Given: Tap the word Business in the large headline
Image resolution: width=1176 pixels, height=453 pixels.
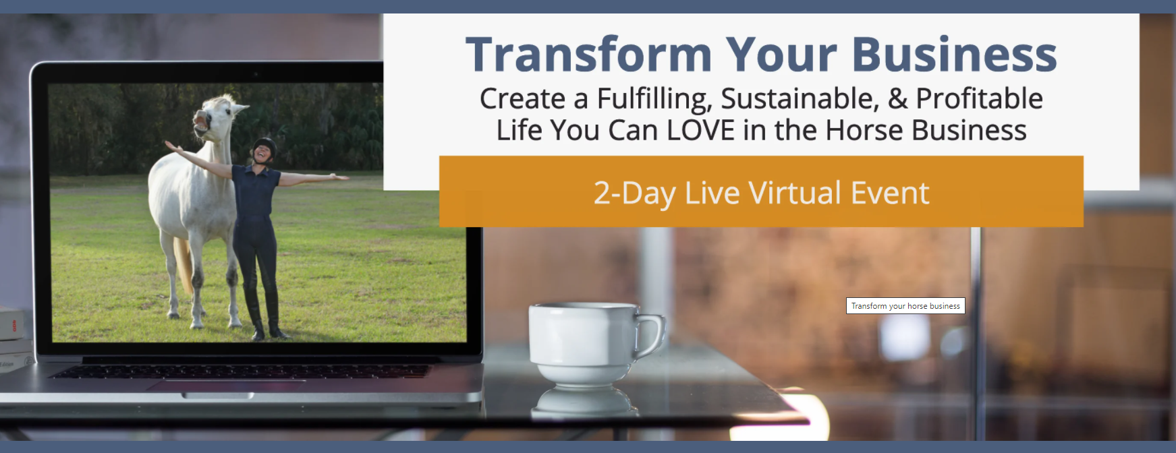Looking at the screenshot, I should tap(954, 55).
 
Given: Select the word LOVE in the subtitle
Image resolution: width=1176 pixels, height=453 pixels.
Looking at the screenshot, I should tap(700, 130).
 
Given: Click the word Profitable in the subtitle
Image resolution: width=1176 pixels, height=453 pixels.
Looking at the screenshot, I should tap(979, 99).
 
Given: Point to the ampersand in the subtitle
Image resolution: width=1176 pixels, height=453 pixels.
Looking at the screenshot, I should tap(897, 99).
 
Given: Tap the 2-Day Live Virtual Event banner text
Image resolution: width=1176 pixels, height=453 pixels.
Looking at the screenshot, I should tap(761, 193).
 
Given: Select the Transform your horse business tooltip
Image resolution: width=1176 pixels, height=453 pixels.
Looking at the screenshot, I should tap(905, 306).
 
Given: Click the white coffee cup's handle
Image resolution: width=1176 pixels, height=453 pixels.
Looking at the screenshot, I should tap(652, 334).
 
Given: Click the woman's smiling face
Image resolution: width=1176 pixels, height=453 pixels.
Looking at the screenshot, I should tap(262, 154).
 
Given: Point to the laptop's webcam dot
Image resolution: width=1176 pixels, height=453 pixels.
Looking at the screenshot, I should tap(256, 74).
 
